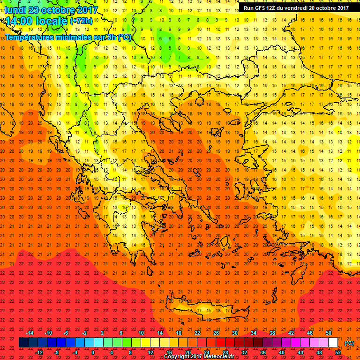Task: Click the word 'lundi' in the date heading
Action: tap(15, 10)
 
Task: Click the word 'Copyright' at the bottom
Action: tap(180, 357)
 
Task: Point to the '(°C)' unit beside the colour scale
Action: tap(349, 343)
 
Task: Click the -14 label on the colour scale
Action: tap(30, 333)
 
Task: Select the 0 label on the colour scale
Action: tap(93, 352)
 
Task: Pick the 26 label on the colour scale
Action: tap(216, 333)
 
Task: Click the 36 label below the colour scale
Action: tap(262, 352)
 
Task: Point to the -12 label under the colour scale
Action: tap(39, 352)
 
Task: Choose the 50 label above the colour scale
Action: tap(329, 333)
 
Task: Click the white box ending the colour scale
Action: tap(333, 343)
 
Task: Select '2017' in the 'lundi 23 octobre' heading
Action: tap(86, 10)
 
